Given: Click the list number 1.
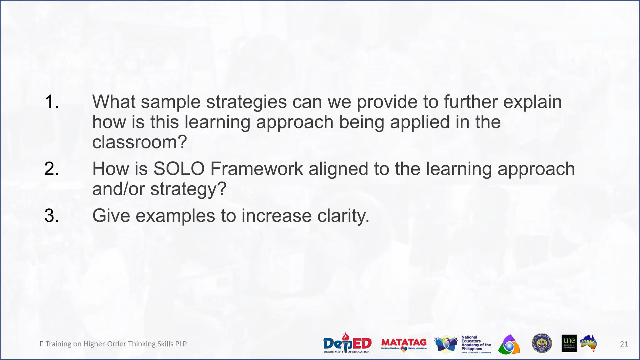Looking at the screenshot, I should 52,102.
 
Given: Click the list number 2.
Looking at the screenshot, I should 52,169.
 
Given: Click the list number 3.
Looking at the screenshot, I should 52,216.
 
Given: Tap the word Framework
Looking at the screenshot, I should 257,169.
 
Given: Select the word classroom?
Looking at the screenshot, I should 139,142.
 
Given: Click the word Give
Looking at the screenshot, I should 111,216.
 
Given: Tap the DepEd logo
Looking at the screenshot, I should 347,343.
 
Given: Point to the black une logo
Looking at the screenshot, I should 569,343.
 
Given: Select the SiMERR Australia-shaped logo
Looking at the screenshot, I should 589,343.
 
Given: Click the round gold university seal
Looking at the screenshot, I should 542,343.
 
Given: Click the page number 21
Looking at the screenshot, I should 624,344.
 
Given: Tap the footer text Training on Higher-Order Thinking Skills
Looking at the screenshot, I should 116,344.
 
